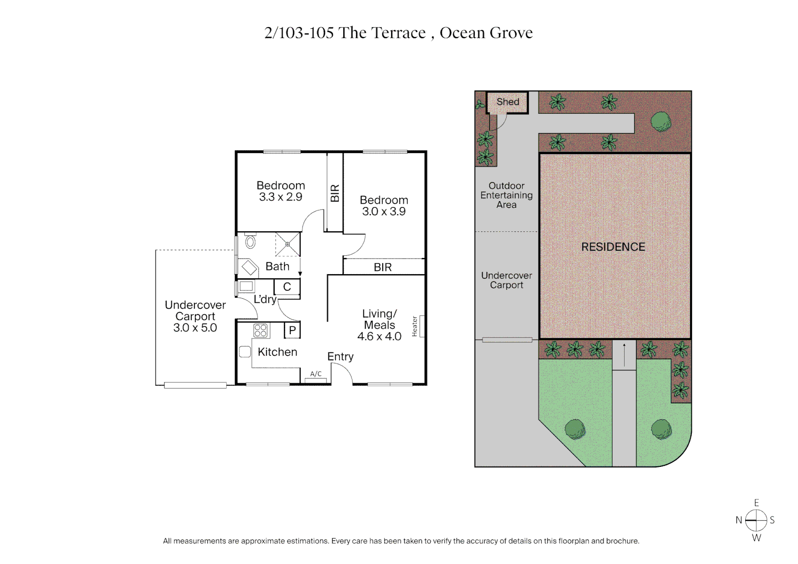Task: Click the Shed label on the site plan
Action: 508,102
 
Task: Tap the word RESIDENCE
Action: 613,247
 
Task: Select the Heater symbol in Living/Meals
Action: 421,326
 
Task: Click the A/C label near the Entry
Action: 316,374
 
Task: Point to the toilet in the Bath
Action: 250,242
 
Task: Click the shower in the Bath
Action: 288,244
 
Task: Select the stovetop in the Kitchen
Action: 261,331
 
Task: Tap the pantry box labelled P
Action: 292,330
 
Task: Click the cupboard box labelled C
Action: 287,287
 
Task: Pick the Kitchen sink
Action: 245,352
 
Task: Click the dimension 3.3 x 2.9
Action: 280,197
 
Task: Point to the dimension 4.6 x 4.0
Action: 379,337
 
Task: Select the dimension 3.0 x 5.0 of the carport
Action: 195,328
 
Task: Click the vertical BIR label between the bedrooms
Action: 335,193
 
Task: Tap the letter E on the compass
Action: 756,503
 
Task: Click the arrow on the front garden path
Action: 624,355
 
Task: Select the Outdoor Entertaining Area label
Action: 507,195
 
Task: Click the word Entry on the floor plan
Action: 341,357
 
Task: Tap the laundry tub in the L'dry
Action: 247,286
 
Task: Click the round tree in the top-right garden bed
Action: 661,122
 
